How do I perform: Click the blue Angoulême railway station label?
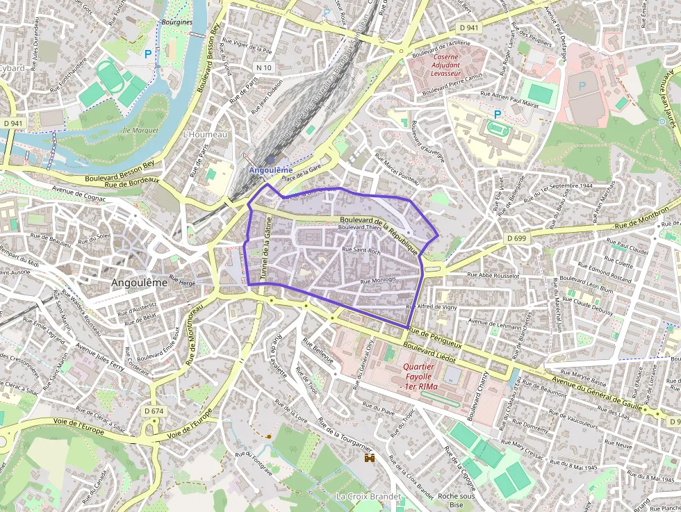tap(270, 170)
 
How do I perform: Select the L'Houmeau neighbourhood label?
tap(204, 134)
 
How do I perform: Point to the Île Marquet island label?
tap(140, 130)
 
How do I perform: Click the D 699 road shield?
tap(517, 238)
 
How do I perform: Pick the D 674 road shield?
tap(154, 411)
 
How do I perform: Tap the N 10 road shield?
tap(263, 67)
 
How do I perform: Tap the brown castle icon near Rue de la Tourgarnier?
tap(370, 458)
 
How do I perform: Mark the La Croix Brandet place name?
tap(368, 497)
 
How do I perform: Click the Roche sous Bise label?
tap(457, 500)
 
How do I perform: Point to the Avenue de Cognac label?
tap(79, 193)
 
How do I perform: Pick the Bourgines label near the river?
tap(177, 22)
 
